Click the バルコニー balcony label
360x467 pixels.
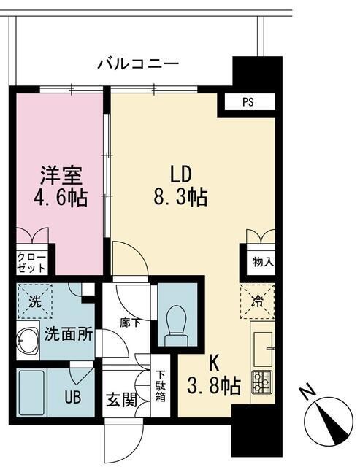click(x=138, y=65)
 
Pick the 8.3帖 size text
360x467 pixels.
click(x=180, y=196)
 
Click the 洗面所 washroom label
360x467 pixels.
click(x=68, y=335)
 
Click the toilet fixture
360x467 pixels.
click(x=175, y=323)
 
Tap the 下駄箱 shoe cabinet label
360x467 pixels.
click(x=161, y=387)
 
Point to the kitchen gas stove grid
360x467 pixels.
click(x=261, y=382)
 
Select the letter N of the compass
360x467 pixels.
click(x=308, y=394)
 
